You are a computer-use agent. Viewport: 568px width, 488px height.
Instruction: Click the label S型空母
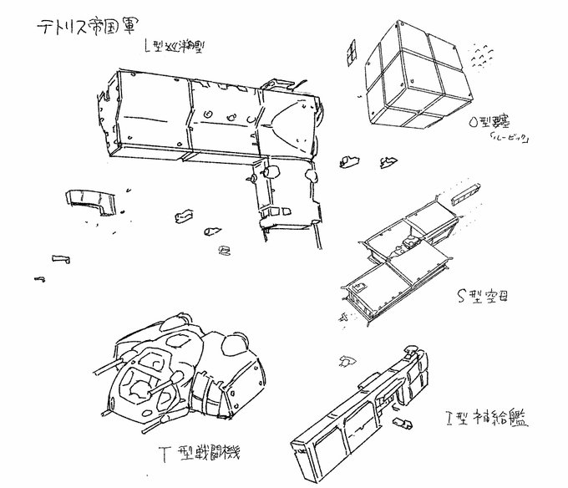pyautogui.click(x=481, y=294)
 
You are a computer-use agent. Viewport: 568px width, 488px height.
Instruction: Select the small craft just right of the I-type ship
pyautogui.click(x=405, y=423)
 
